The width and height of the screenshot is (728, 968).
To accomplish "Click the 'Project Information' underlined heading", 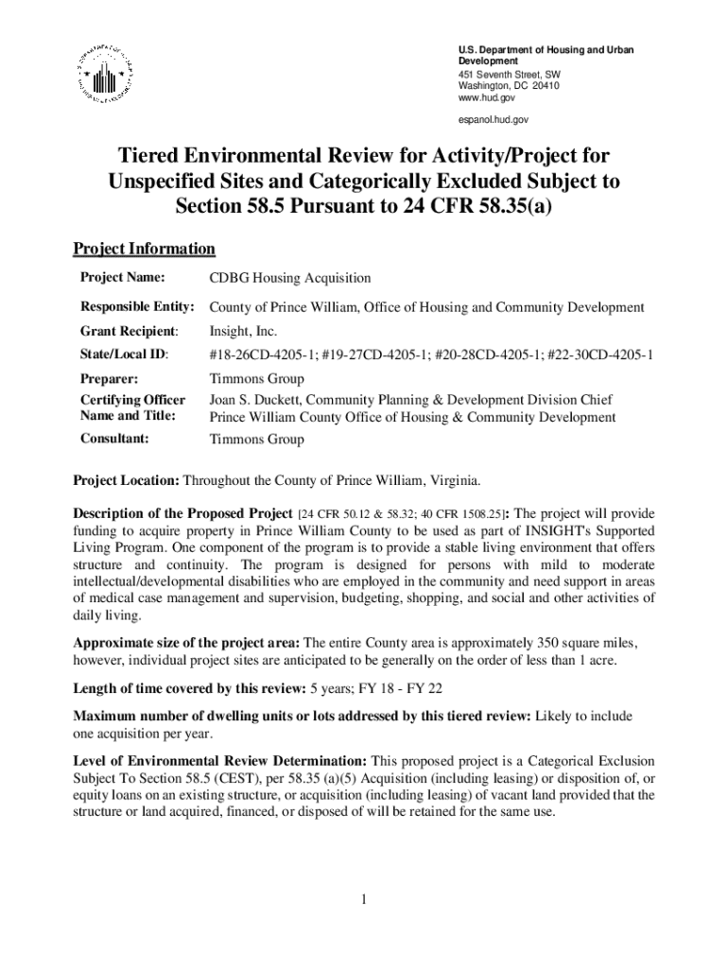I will [145, 250].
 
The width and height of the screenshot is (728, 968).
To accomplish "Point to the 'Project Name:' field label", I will [122, 278].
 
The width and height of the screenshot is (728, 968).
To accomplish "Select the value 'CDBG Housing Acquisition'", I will [289, 279].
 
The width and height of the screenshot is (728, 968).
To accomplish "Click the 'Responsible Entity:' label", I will [136, 307].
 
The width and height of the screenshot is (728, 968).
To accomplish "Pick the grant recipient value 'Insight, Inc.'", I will [243, 332].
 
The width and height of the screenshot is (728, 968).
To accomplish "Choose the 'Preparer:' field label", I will [110, 378].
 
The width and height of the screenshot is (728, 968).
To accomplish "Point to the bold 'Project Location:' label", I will [128, 479].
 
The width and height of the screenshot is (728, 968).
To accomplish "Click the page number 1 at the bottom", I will [363, 898].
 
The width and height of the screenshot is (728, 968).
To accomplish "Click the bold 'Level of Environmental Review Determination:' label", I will [221, 761].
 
